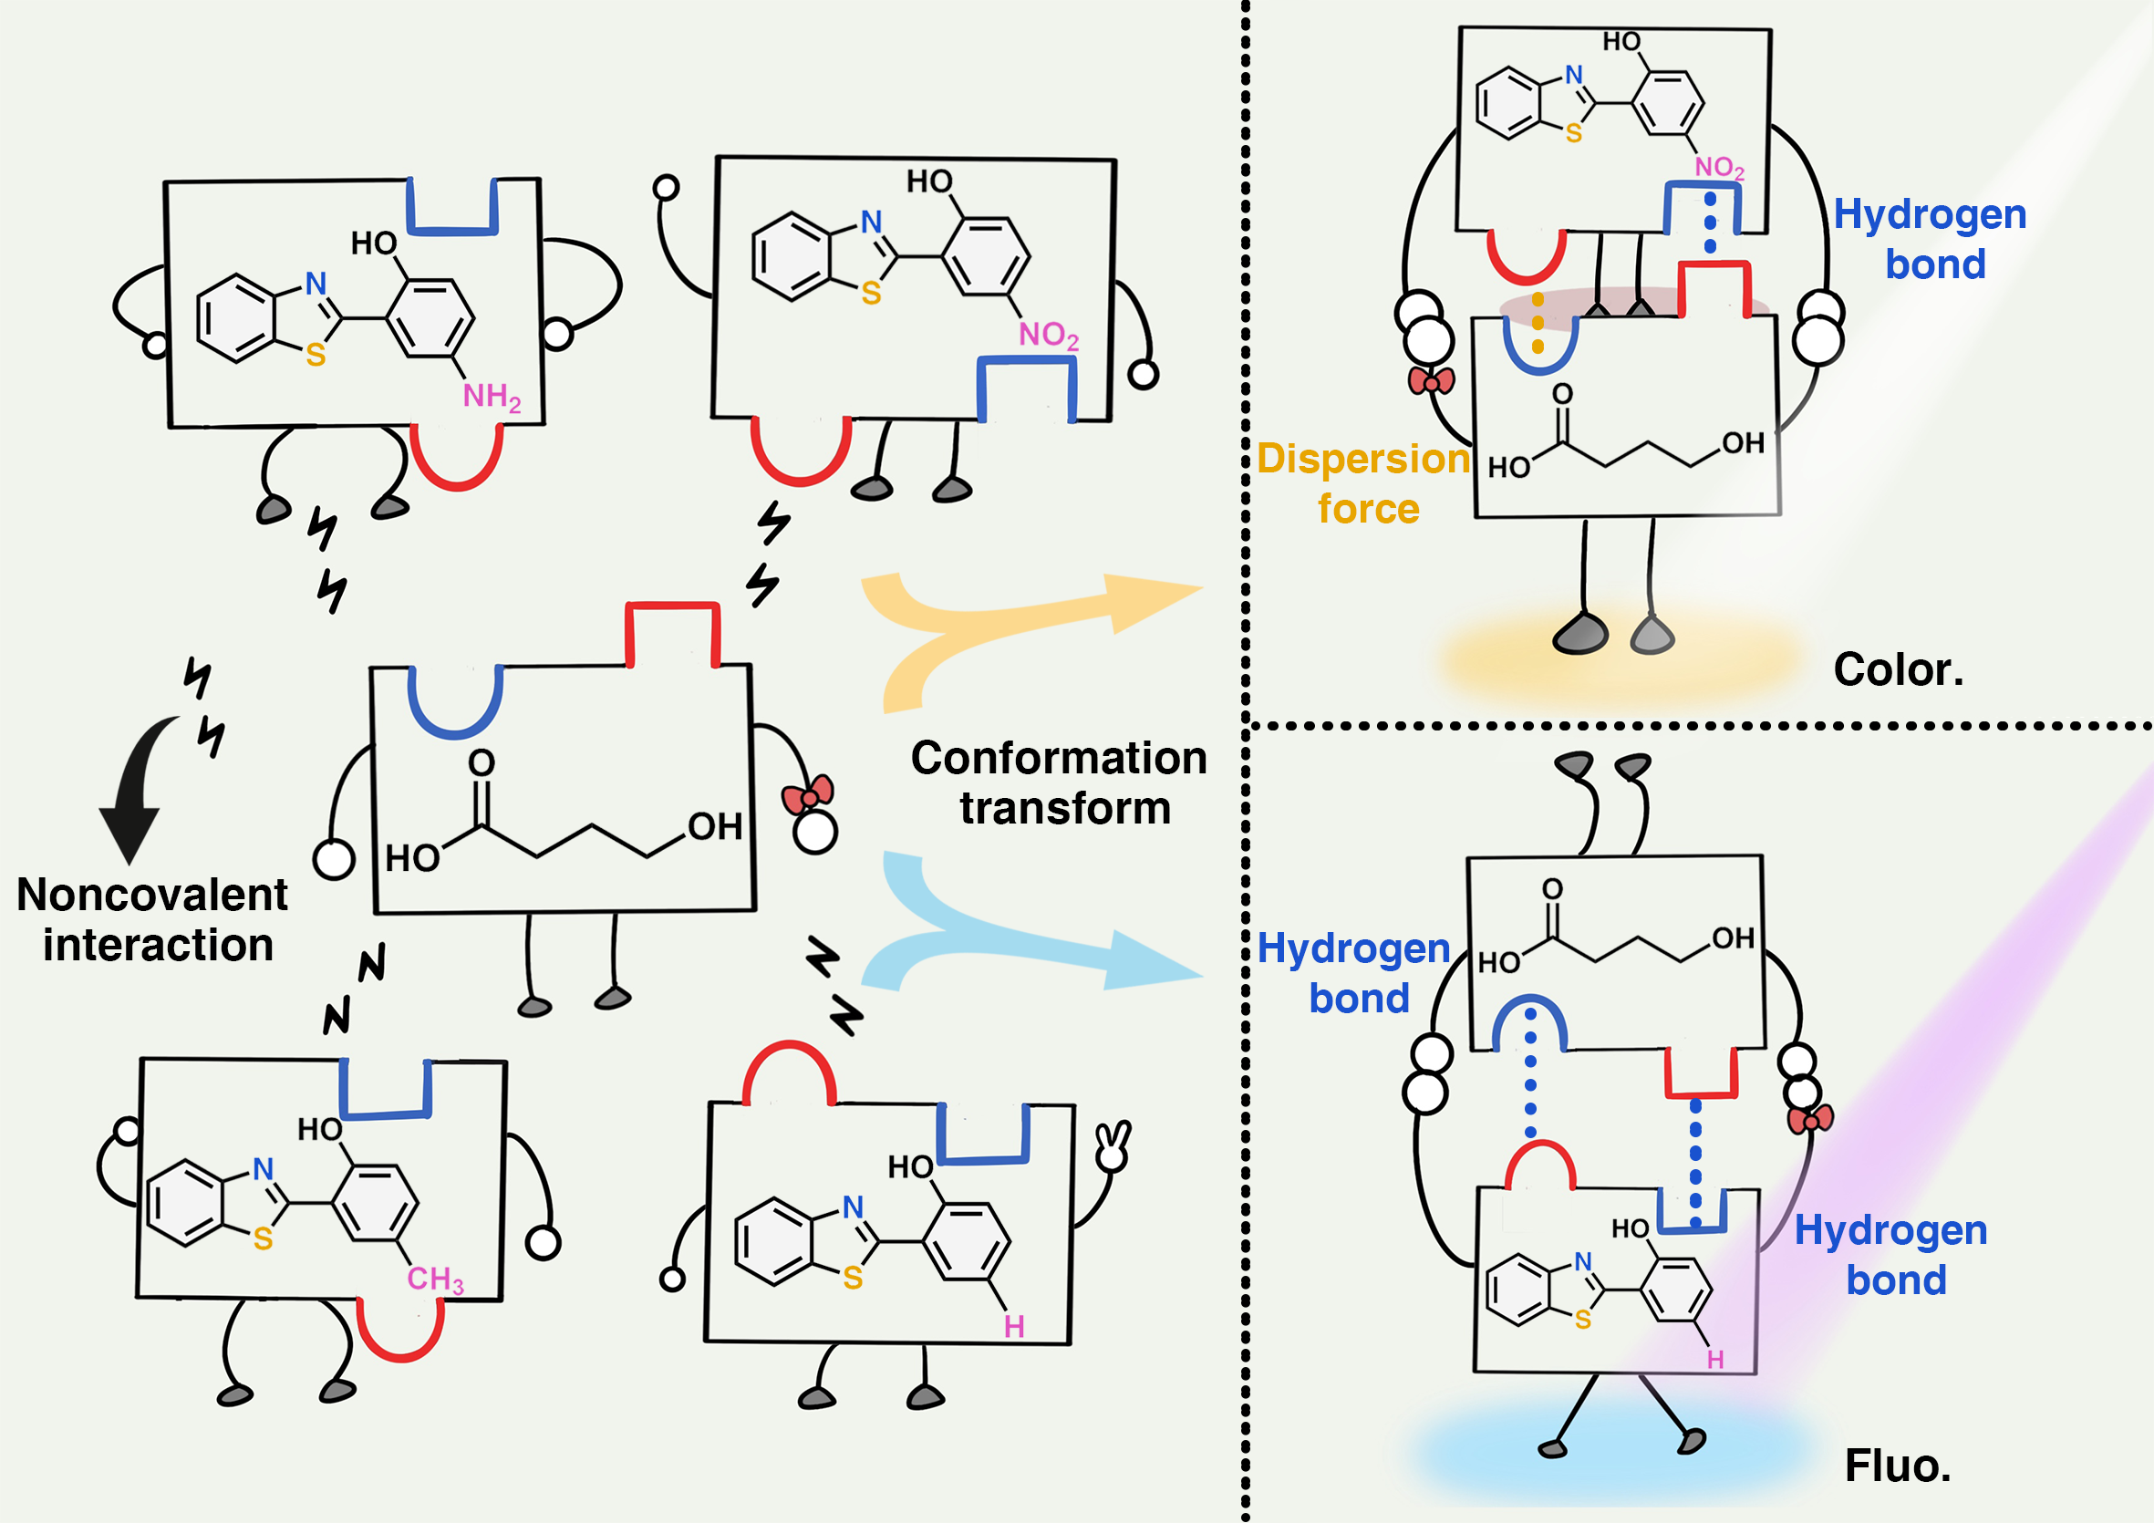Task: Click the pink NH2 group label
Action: tap(491, 397)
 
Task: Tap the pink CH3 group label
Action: tap(435, 1279)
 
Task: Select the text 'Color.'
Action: tap(1898, 670)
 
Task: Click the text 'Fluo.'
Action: tap(1898, 1466)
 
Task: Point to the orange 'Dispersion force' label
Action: tap(1364, 483)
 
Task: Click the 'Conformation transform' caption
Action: tap(1059, 782)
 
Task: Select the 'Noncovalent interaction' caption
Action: tap(153, 919)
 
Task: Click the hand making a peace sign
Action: tap(1113, 1145)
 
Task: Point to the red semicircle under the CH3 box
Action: tap(400, 1332)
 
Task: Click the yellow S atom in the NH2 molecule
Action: tap(316, 355)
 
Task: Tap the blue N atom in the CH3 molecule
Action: tap(264, 1168)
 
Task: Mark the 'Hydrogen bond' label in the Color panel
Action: tap(1931, 239)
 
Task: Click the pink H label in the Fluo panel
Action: tap(1716, 1360)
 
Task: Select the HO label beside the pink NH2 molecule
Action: tap(373, 244)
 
